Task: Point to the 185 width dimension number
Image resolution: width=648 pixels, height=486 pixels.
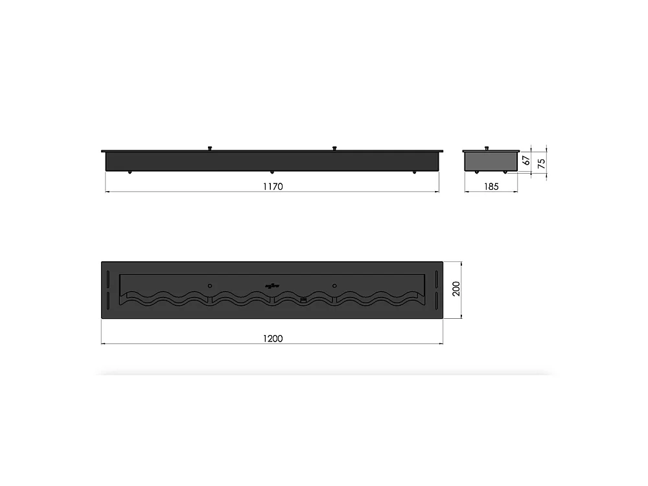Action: point(491,187)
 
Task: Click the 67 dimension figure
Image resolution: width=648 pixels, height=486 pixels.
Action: point(527,158)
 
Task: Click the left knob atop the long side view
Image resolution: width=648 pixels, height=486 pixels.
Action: point(209,148)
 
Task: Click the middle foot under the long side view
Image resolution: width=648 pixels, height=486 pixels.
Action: point(272,172)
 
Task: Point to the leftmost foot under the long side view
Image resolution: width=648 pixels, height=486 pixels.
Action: point(130,172)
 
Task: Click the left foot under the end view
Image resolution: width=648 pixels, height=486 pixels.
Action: point(477,172)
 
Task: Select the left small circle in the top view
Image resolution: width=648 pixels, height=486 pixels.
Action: point(209,284)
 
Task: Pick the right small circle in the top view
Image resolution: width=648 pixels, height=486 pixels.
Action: point(334,284)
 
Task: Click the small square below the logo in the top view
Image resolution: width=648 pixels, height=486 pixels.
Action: point(303,299)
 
